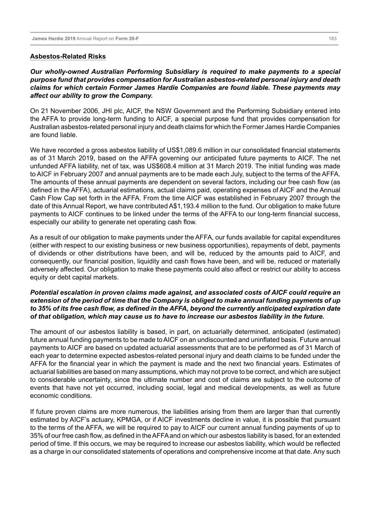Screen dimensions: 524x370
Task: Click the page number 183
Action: coord(332,39)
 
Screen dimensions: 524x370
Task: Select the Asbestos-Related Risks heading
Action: coord(68,56)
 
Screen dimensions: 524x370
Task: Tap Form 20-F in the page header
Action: coord(127,39)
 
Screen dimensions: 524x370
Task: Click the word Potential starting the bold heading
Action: coord(44,293)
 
